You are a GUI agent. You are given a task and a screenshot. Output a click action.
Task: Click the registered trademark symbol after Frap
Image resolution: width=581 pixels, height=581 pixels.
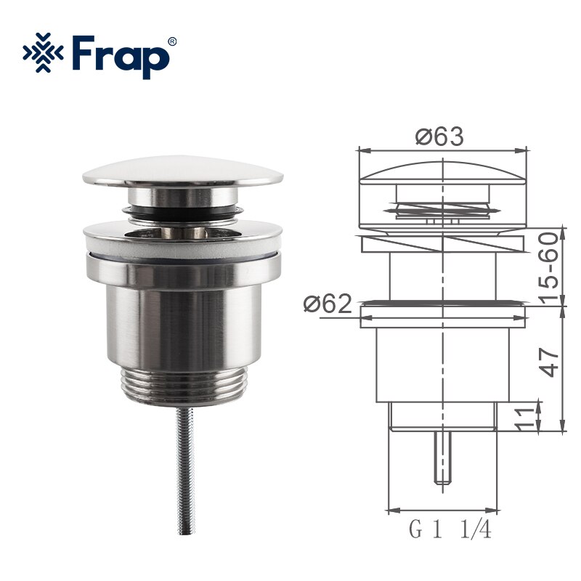172,41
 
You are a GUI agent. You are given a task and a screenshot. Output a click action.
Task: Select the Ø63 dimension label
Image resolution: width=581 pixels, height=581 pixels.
439,136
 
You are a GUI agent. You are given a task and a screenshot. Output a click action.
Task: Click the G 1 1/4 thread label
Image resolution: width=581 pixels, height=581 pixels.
450,531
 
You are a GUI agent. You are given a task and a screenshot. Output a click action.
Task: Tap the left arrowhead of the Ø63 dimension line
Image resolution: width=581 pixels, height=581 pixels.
363,151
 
